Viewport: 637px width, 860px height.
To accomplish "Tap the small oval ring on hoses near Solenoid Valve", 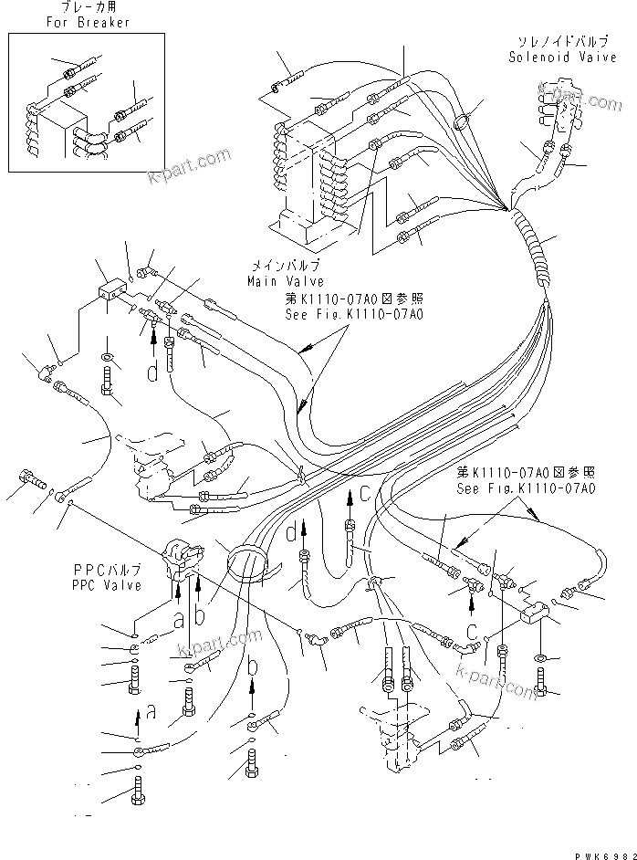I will click(464, 121).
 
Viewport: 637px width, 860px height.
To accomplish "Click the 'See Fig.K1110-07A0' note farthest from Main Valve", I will click(527, 488).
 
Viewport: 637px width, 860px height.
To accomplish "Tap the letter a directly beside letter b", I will click(180, 617).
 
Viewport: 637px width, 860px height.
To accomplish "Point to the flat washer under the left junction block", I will click(108, 355).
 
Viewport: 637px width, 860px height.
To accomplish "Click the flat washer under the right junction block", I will click(542, 656).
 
